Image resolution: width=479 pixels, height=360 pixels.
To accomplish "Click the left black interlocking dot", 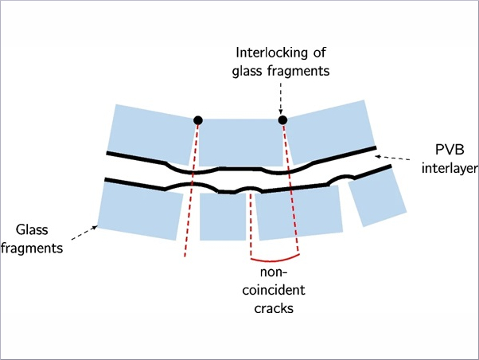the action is (x=198, y=120).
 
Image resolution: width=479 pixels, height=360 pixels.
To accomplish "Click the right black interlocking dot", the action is (x=282, y=120).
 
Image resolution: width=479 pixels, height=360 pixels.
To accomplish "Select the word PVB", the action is (x=450, y=150).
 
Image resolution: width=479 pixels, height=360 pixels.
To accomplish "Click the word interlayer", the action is (x=450, y=169).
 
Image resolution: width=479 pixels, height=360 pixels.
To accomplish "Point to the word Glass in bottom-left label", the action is (x=32, y=229).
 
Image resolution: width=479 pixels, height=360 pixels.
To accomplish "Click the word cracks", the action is (x=274, y=308).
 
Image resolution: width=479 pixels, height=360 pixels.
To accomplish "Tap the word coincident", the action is (x=274, y=290).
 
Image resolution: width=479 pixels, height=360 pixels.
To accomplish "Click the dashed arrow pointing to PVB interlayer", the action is (x=393, y=158).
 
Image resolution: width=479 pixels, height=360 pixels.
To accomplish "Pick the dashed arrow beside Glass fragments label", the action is (x=84, y=233).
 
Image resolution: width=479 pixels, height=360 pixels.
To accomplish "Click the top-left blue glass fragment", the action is (x=150, y=135).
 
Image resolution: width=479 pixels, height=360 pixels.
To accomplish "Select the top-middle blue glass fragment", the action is (x=241, y=143).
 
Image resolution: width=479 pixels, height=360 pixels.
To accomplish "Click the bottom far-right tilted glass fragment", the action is (x=377, y=198).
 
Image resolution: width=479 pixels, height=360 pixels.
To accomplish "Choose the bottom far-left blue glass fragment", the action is (x=141, y=211).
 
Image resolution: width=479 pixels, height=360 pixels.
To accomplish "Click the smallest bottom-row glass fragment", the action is (x=223, y=217).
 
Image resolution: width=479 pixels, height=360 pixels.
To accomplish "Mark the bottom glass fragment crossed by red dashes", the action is (x=298, y=213).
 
